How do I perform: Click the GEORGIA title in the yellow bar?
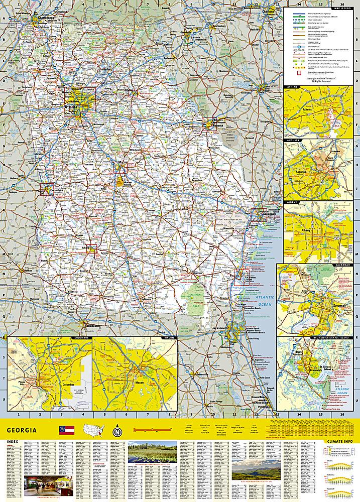22,430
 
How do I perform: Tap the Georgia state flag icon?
67,430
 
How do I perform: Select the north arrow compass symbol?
117,431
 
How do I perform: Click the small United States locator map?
93,430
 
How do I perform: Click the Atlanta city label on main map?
69,107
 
